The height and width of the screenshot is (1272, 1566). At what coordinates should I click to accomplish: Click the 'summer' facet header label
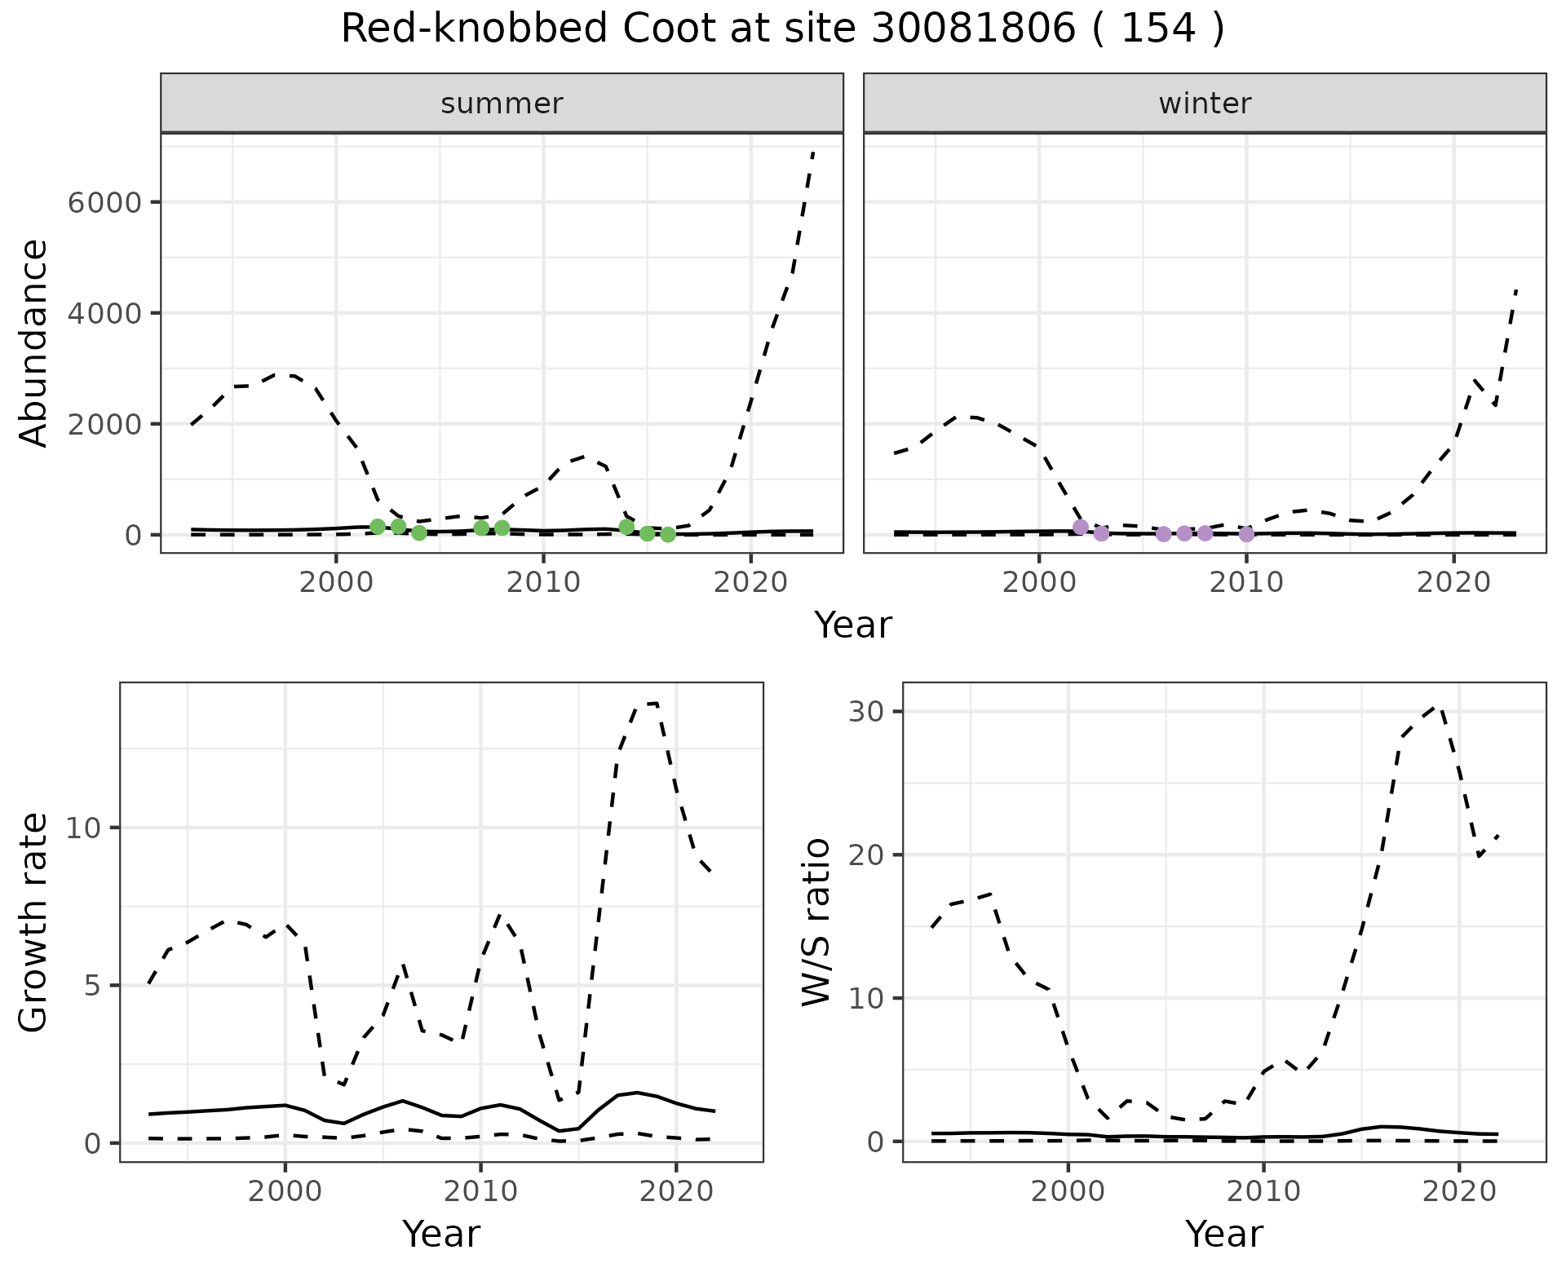502,104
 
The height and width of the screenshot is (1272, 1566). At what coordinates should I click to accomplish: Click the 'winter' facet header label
1205,104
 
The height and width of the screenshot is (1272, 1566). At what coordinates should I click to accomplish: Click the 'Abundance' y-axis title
34,342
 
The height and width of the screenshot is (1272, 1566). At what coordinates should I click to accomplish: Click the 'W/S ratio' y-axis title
816,922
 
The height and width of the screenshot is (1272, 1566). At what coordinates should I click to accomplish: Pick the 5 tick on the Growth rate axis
91,986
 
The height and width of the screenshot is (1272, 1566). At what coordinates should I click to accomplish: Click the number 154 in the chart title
1159,29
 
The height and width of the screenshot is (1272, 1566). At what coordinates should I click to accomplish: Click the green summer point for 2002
378,527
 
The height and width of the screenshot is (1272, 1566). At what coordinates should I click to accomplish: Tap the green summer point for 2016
668,535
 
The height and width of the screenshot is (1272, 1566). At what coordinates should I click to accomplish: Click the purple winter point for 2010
1246,534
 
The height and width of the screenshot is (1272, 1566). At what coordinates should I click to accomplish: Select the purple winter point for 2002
1081,528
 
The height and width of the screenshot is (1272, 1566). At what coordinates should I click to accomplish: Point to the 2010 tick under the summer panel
543,582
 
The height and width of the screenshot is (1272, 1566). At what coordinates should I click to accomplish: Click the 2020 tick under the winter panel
1453,582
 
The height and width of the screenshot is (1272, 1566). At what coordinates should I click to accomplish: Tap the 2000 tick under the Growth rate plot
285,1191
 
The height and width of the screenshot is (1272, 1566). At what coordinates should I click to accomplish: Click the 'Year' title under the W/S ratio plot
1223,1234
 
